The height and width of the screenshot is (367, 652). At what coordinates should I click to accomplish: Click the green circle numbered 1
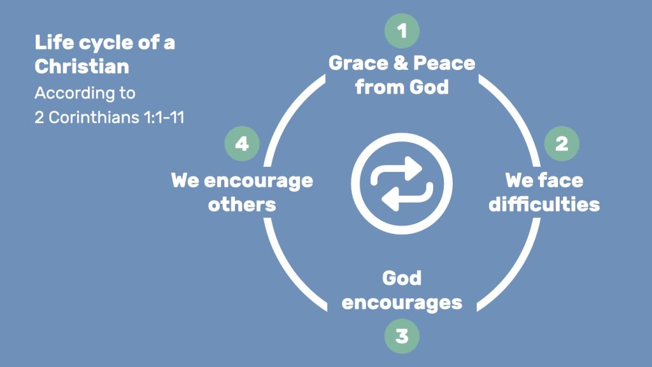[x=402, y=31]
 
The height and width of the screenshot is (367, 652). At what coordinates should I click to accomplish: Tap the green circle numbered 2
[x=562, y=143]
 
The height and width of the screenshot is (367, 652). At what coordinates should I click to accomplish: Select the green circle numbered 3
[x=402, y=336]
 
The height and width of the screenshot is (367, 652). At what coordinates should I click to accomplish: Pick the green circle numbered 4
[x=242, y=143]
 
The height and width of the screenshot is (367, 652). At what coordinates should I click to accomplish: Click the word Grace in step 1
[x=358, y=63]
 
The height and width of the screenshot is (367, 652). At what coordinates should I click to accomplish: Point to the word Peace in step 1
[x=444, y=63]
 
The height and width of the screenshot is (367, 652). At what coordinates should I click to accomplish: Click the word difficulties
[x=544, y=205]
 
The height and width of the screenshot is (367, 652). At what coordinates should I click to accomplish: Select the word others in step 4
[x=242, y=205]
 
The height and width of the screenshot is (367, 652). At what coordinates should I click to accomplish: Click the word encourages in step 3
[x=402, y=303]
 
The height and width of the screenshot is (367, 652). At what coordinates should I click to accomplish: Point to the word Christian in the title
[x=82, y=66]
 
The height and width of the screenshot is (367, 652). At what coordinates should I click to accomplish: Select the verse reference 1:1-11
[x=164, y=117]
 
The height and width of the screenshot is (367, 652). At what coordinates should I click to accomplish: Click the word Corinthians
[x=94, y=117]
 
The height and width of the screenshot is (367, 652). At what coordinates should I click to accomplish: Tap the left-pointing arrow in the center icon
[x=407, y=198]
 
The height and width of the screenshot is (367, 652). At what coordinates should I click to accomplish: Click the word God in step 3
[x=402, y=278]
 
